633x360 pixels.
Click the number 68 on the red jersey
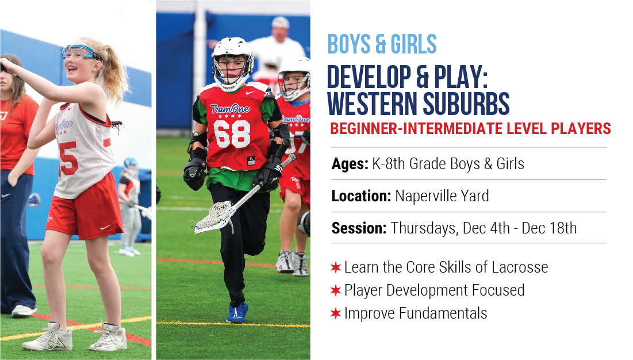pyautogui.click(x=232, y=134)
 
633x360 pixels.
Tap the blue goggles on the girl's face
pyautogui.click(x=82, y=52)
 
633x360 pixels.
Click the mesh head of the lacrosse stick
pyautogui.click(x=213, y=217)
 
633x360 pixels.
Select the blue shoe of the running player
pyautogui.click(x=237, y=313)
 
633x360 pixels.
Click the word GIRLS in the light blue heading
pyautogui.click(x=414, y=44)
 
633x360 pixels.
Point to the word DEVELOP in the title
pyautogui.click(x=368, y=76)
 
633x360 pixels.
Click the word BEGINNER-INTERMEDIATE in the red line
pyautogui.click(x=416, y=129)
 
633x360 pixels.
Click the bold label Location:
pyautogui.click(x=361, y=196)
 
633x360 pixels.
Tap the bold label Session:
pyautogui.click(x=359, y=228)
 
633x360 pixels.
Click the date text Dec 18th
pyautogui.click(x=549, y=228)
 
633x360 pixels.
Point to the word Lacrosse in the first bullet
pyautogui.click(x=520, y=267)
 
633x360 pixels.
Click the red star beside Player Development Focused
pyautogui.click(x=336, y=290)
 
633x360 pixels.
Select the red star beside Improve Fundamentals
pyautogui.click(x=336, y=313)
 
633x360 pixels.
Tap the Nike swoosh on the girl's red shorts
pyautogui.click(x=105, y=227)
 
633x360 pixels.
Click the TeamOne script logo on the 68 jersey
pyautogui.click(x=230, y=109)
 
